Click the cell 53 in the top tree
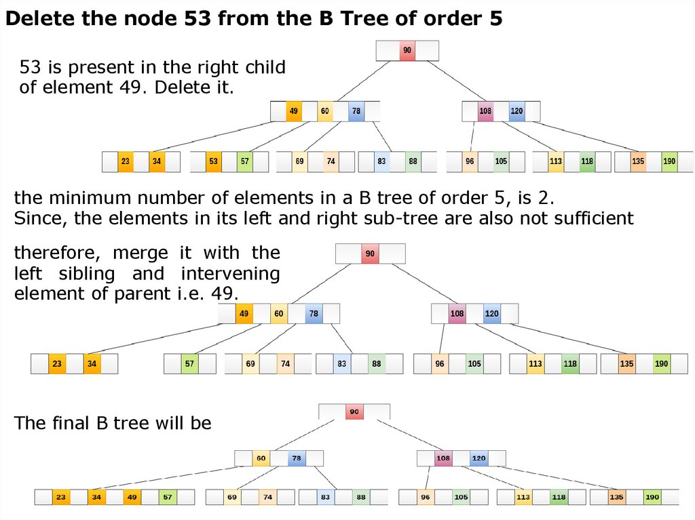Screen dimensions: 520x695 213,161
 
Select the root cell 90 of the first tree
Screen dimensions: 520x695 407,50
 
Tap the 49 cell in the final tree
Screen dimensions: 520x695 132,497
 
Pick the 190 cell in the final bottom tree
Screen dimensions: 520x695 652,497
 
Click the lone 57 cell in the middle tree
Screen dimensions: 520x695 189,364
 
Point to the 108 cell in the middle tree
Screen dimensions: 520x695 457,314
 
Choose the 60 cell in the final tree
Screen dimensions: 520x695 261,458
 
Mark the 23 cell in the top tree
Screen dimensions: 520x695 126,161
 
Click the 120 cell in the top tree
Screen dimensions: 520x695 516,111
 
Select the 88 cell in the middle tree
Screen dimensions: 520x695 377,364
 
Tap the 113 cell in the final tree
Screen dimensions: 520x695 523,497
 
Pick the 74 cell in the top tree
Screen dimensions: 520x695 331,161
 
